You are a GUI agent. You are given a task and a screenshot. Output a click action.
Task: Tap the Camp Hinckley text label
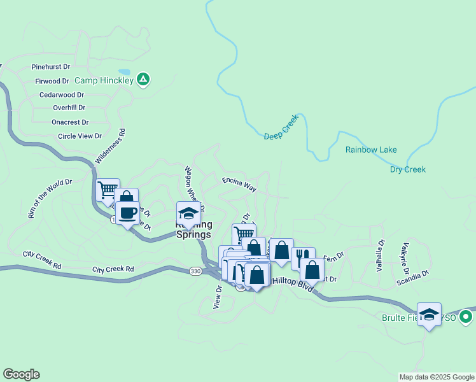click(104, 81)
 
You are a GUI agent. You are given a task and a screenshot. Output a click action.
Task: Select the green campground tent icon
click(144, 80)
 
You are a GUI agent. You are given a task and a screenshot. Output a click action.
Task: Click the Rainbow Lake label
click(371, 150)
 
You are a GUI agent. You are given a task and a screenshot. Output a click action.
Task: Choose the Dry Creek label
click(408, 169)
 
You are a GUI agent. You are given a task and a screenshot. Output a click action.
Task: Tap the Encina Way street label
click(239, 185)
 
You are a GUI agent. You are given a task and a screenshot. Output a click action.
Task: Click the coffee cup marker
click(128, 213)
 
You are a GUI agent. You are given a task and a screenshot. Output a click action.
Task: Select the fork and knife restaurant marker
click(303, 258)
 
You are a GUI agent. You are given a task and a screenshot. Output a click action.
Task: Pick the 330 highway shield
click(196, 271)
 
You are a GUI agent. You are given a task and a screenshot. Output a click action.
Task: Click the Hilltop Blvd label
click(293, 281)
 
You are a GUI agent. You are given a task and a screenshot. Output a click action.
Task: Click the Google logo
click(21, 374)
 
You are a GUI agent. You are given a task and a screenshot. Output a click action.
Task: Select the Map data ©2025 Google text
click(436, 377)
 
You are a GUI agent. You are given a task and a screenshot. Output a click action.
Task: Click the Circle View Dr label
click(80, 136)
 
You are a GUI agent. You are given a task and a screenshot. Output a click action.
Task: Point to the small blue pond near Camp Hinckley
click(124, 72)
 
